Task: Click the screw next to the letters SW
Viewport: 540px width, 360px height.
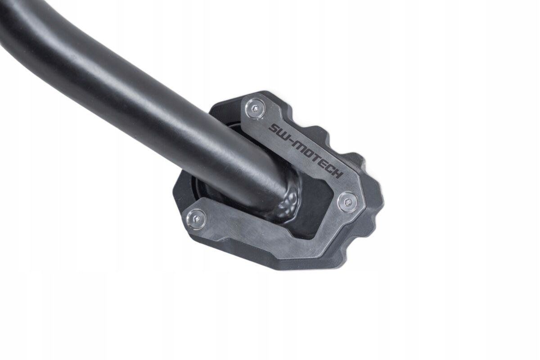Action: (255, 110)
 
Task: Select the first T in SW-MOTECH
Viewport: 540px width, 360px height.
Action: (319, 160)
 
